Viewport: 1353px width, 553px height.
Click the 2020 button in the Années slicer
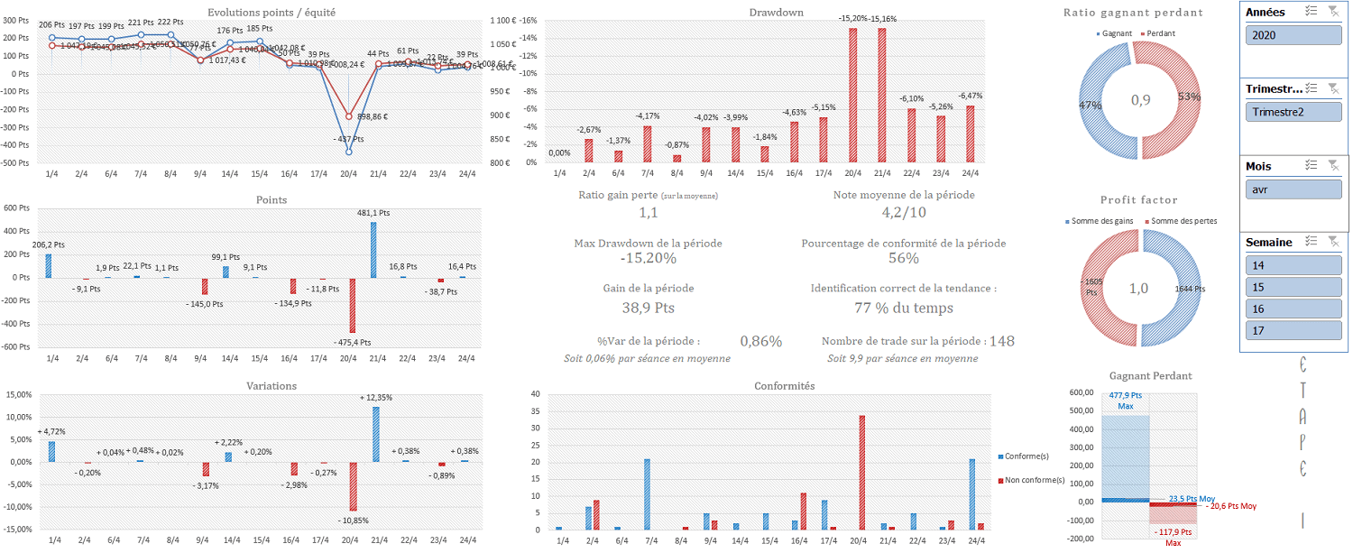[x=1293, y=35]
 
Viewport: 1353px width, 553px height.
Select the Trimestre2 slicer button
[x=1293, y=112]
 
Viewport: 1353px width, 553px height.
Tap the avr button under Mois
[x=1293, y=189]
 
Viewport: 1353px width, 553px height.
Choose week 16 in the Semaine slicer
[x=1293, y=309]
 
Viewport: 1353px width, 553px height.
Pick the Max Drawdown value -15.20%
[x=648, y=258]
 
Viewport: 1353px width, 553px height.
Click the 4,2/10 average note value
[x=904, y=213]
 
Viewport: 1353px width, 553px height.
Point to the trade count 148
[x=1002, y=341]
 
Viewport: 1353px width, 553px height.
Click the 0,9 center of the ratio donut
[x=1140, y=100]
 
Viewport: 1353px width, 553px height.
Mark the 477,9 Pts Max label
[x=1125, y=401]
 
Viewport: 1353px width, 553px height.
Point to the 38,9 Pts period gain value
[x=648, y=308]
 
